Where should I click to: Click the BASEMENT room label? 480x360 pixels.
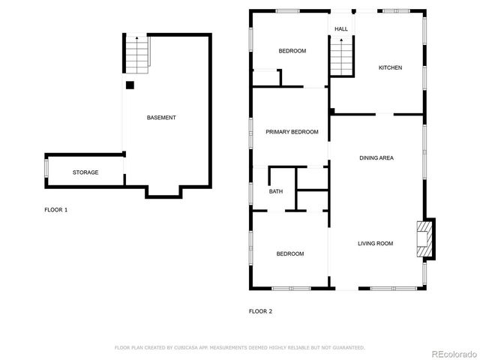point(161,118)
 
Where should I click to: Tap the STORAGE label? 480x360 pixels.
point(85,172)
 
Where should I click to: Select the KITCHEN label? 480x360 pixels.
point(390,67)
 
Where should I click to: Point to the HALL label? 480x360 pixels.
point(341,29)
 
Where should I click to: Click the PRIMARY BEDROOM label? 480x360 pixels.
point(292,132)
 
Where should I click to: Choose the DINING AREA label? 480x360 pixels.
point(376,157)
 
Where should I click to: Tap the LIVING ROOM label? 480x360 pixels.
point(375,243)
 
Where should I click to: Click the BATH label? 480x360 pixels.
point(276,192)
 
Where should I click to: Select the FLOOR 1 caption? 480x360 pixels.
point(56,210)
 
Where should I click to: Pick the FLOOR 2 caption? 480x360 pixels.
point(260,310)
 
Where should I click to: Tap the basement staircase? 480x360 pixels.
point(136,53)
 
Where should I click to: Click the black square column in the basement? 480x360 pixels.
point(130,85)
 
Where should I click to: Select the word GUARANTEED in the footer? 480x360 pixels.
point(347,348)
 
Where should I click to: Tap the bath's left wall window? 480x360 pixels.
point(252,192)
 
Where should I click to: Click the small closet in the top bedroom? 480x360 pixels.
point(265,78)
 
